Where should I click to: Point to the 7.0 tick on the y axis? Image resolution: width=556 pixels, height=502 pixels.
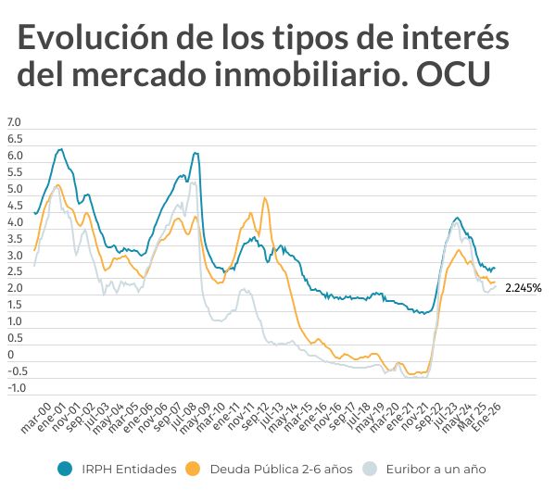pyautogui.click(x=14, y=122)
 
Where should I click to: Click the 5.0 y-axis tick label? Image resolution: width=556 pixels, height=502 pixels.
pyautogui.click(x=14, y=189)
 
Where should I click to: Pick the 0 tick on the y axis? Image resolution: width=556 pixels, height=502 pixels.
pyautogui.click(x=11, y=355)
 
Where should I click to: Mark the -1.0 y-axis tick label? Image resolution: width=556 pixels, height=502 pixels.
pyautogui.click(x=16, y=388)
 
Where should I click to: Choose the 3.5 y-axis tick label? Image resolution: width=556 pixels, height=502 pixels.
pyautogui.click(x=14, y=239)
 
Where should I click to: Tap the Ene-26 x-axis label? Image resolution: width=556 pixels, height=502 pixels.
pyautogui.click(x=488, y=418)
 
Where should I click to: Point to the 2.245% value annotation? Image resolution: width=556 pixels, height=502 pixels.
pyautogui.click(x=523, y=288)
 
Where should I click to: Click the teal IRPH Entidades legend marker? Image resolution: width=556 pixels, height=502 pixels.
pyautogui.click(x=65, y=469)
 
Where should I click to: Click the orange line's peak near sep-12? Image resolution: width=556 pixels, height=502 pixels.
pyautogui.click(x=265, y=197)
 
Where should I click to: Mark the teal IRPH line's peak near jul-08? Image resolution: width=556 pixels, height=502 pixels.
pyautogui.click(x=195, y=153)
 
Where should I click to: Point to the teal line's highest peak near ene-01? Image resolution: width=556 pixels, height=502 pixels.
pyautogui.click(x=60, y=148)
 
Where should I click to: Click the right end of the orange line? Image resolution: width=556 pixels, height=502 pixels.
pyautogui.click(x=495, y=282)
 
